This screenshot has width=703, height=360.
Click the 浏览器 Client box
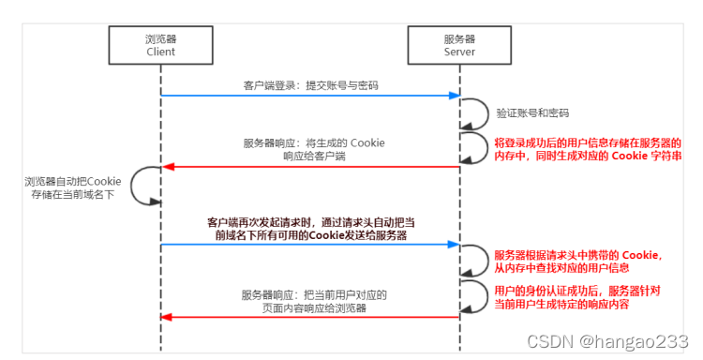160,45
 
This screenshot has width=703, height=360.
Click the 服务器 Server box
459,45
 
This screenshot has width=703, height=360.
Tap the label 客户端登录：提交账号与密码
310,85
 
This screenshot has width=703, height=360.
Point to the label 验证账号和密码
532,112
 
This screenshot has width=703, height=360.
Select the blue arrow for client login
309,96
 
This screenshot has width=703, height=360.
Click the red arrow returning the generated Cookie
309,167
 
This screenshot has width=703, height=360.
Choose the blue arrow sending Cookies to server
309,246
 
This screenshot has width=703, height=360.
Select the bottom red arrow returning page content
309,318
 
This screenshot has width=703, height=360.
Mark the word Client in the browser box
160,52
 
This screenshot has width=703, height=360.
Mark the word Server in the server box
459,52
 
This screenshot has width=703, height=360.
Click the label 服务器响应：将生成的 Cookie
314,142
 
